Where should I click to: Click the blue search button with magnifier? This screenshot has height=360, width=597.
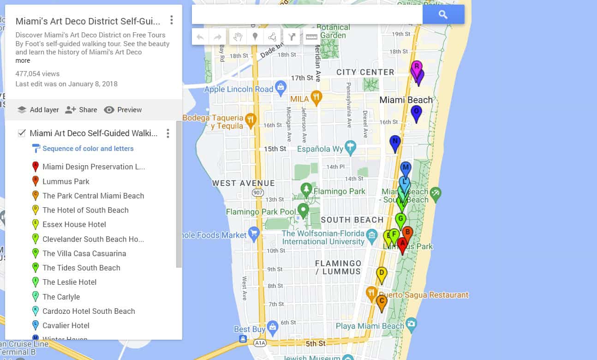[x=443, y=15]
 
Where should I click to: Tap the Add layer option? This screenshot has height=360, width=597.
[x=38, y=110]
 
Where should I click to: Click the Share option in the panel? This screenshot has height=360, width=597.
[x=81, y=110]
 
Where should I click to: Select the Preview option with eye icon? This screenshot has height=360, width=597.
[x=123, y=110]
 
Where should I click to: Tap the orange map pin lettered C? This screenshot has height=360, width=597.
[x=381, y=302]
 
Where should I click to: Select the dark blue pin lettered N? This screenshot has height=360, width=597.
[x=394, y=143]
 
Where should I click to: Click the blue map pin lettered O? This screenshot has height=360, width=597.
[x=416, y=112]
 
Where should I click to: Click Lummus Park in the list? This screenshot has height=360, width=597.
[x=66, y=181]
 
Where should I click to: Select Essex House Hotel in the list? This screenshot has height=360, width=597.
[x=74, y=224]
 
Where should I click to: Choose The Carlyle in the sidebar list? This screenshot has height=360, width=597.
[x=61, y=297]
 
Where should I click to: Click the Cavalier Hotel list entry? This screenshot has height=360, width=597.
[x=66, y=325]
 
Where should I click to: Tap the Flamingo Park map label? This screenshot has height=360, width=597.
[x=339, y=191]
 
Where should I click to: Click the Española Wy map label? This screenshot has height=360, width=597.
[x=320, y=149]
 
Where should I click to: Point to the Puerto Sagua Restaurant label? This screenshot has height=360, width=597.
[x=424, y=294]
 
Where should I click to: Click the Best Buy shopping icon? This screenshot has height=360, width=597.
[x=273, y=327]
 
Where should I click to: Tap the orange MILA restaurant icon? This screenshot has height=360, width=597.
[x=316, y=97]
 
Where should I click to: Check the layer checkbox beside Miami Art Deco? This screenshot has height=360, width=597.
[x=21, y=133]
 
